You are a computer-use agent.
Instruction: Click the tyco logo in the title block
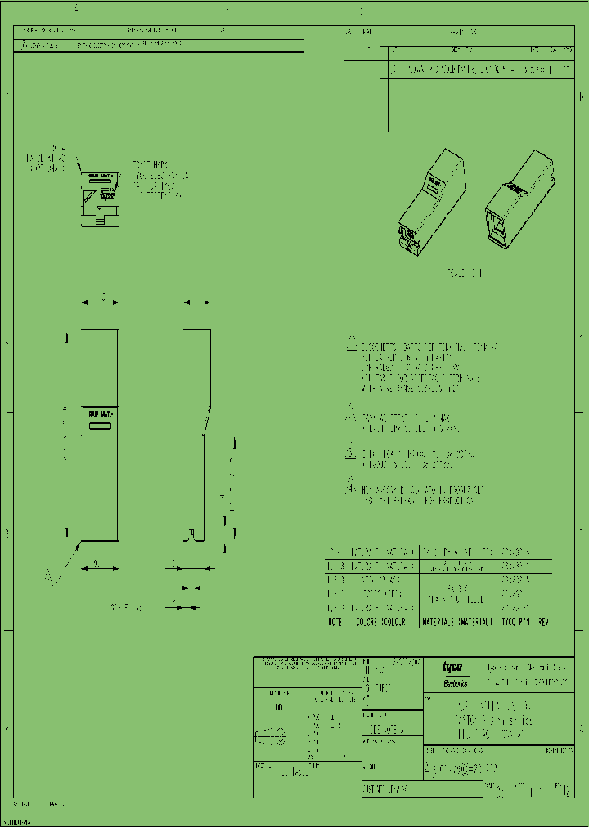(452, 667)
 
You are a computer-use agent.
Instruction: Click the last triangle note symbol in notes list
(350, 486)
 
